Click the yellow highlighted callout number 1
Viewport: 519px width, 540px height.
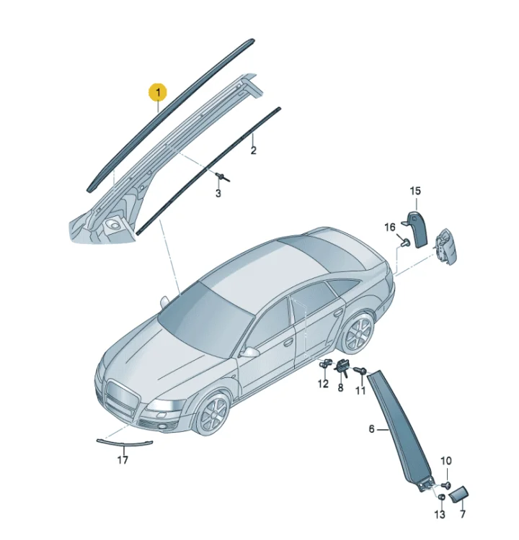click(158, 92)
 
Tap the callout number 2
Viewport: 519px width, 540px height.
click(254, 150)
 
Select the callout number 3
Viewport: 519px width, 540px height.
click(218, 193)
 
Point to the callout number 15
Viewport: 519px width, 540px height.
click(415, 191)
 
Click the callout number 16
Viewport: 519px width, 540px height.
click(390, 228)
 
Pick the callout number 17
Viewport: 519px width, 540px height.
click(123, 459)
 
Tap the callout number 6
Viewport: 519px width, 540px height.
click(371, 429)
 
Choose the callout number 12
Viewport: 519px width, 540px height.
click(323, 384)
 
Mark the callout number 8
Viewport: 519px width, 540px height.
click(340, 388)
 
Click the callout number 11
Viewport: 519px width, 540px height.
click(360, 390)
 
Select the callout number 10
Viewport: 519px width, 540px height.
click(446, 461)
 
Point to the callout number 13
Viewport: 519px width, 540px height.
click(440, 515)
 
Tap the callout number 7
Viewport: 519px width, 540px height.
click(463, 514)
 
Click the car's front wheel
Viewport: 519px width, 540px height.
click(213, 414)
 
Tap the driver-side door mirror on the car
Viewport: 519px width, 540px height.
click(251, 352)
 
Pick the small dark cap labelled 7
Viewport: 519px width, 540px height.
click(458, 496)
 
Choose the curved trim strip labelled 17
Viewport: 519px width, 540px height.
click(125, 443)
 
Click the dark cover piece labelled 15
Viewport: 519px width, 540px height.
click(417, 229)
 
